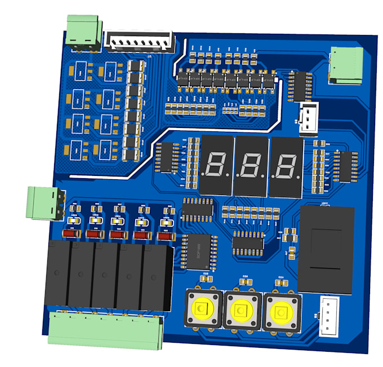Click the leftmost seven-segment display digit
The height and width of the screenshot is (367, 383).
point(217,165)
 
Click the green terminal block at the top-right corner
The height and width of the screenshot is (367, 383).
point(346,64)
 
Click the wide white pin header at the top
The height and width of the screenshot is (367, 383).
point(140,41)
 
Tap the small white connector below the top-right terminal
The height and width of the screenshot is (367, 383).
point(309,119)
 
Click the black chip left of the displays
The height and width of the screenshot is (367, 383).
point(167,157)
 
